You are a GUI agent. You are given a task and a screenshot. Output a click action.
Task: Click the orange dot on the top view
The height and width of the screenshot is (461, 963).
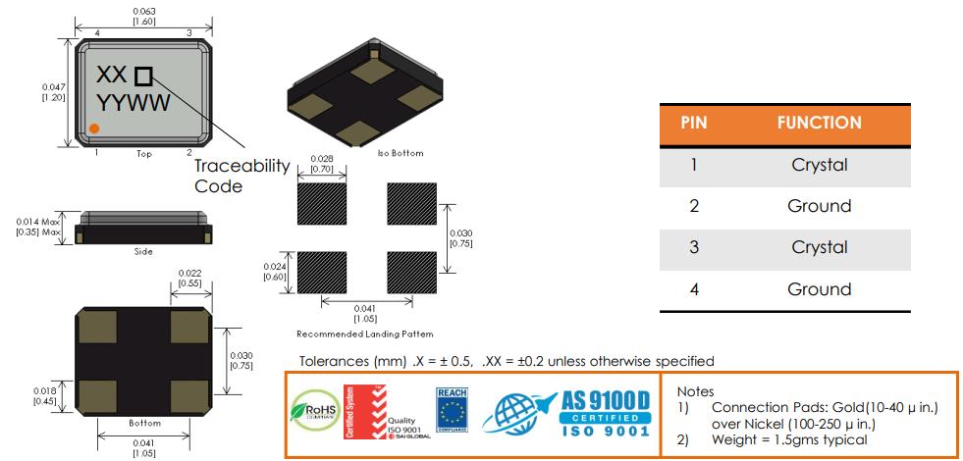tap(93, 128)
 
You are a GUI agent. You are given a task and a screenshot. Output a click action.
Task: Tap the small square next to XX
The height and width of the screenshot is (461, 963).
tap(143, 76)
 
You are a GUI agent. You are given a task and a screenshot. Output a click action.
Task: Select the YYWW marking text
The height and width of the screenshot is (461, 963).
tap(133, 103)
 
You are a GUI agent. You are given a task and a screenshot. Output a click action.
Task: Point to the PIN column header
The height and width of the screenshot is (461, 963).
tap(694, 124)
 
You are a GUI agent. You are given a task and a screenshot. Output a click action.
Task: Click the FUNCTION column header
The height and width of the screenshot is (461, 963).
tap(819, 124)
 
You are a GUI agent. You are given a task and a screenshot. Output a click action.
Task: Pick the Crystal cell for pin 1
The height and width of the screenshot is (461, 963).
tap(819, 165)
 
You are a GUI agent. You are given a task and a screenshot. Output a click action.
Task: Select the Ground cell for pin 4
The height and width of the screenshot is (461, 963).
tap(819, 289)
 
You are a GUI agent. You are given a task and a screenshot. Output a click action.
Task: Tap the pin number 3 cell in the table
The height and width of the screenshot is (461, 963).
tap(694, 247)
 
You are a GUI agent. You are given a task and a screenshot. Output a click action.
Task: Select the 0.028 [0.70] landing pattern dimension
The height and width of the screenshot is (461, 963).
tap(321, 164)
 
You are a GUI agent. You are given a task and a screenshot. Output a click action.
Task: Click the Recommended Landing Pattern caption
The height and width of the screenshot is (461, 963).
tap(364, 334)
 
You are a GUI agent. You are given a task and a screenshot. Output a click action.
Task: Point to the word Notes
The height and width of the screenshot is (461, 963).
tap(695, 391)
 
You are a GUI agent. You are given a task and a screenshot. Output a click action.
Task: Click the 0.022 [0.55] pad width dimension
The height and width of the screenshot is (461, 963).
tap(189, 278)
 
